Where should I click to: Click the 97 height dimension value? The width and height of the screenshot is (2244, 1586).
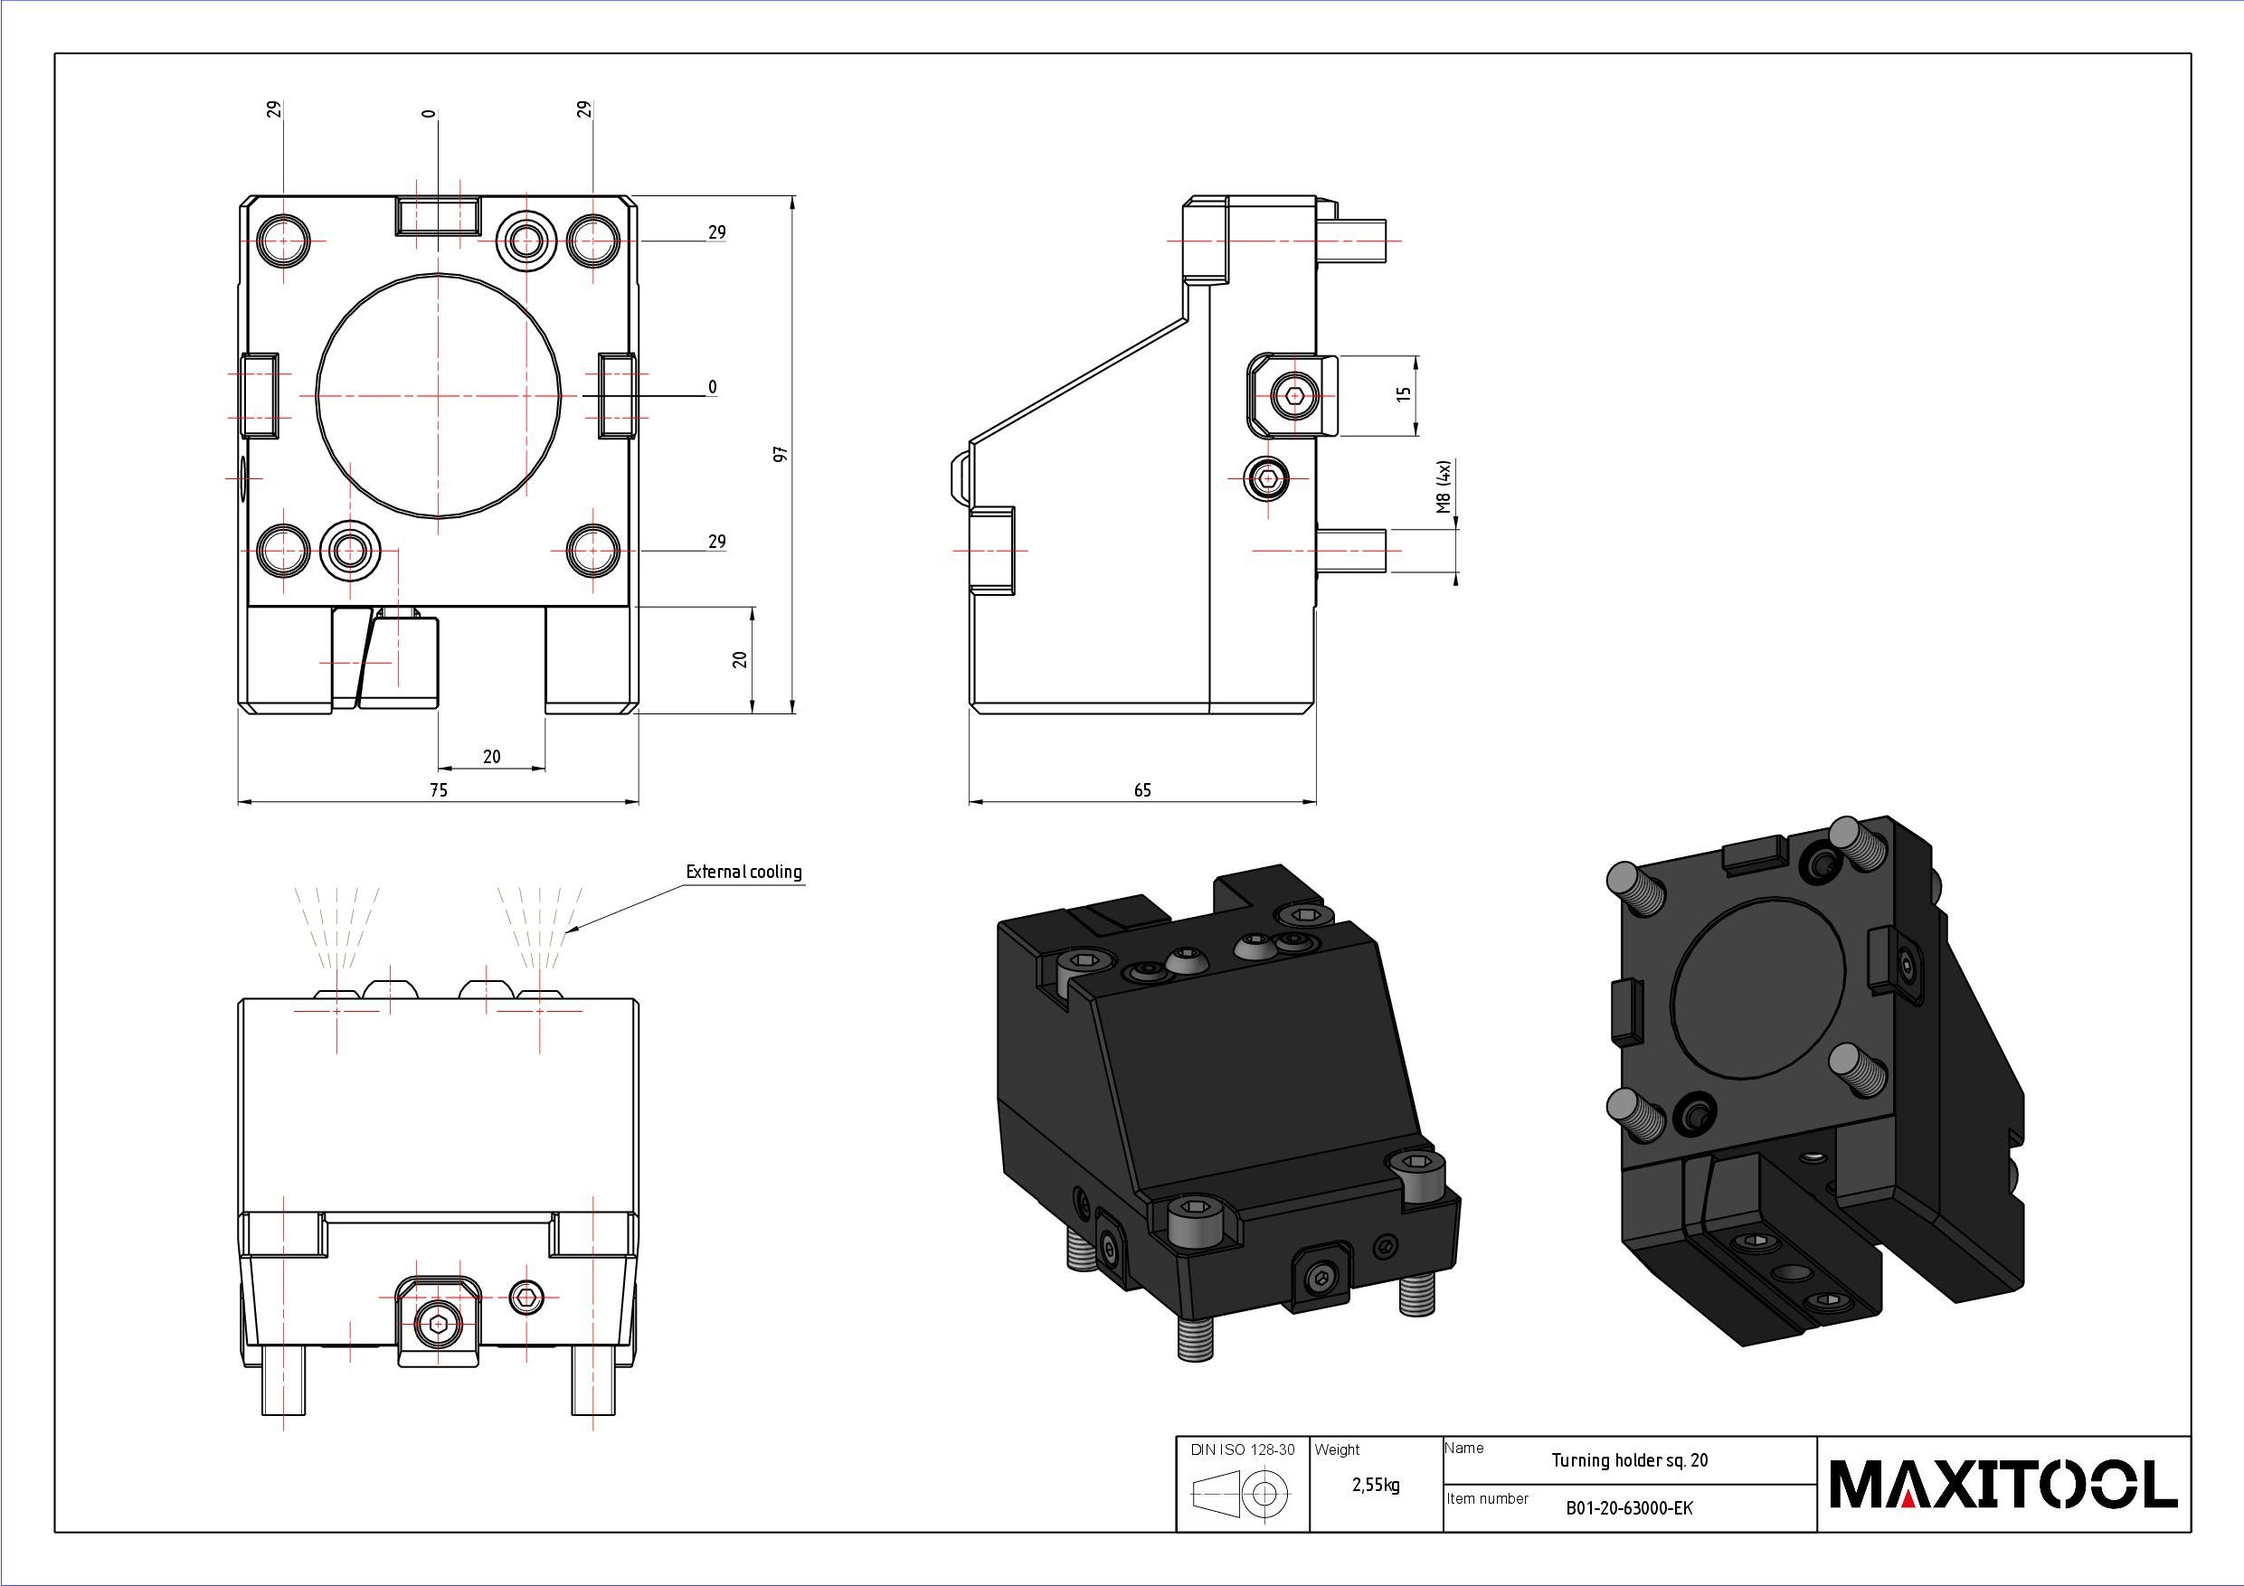click(780, 455)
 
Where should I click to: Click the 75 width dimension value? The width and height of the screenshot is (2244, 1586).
click(439, 789)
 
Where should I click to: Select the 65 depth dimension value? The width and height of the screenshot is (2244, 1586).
click(1142, 789)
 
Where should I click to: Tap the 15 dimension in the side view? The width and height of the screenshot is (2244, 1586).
click(1405, 395)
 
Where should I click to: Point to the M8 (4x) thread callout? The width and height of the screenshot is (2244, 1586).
click(1444, 486)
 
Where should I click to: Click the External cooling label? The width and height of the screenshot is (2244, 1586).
click(743, 872)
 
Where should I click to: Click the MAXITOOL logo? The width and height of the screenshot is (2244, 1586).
click(2003, 1485)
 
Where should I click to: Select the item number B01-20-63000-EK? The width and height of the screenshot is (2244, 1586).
click(1629, 1508)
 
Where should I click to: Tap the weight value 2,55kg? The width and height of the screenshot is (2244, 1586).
click(1376, 1486)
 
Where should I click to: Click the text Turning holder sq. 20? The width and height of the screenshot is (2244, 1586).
click(1630, 1460)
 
